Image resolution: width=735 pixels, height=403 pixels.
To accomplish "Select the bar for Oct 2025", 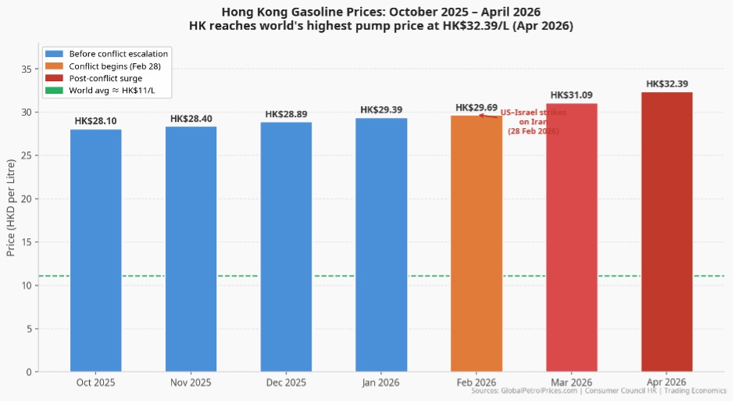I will coord(95,250).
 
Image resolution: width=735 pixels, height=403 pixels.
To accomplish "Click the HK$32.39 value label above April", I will coord(666,84).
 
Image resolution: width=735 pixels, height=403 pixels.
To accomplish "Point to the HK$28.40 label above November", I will coord(191,119).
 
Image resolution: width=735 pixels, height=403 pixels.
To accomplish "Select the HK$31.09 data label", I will coord(571,95).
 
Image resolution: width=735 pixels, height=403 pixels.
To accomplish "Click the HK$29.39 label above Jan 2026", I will coord(381,110).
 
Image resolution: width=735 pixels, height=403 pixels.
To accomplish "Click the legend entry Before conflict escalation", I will coord(118,54).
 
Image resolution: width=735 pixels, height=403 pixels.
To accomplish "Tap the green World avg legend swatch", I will coord(53,91).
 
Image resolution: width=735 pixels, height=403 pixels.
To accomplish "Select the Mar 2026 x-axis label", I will coord(571,383).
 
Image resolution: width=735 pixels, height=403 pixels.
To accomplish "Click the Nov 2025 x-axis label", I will coord(191,383).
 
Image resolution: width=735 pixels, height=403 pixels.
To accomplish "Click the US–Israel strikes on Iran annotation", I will coord(533,122).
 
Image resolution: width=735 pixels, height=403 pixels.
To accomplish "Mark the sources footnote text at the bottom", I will coord(599,391).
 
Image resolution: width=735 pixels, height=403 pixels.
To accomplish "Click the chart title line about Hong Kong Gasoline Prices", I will coord(380,12).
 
